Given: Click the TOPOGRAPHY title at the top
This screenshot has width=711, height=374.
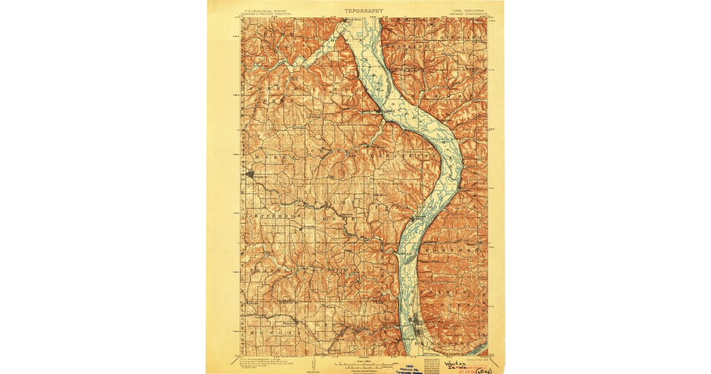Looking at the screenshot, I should [x=364, y=11].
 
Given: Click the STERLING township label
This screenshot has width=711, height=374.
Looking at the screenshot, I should [x=461, y=38].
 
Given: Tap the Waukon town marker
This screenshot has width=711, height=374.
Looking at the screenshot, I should [x=251, y=175].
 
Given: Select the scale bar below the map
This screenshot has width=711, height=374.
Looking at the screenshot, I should [x=364, y=362].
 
